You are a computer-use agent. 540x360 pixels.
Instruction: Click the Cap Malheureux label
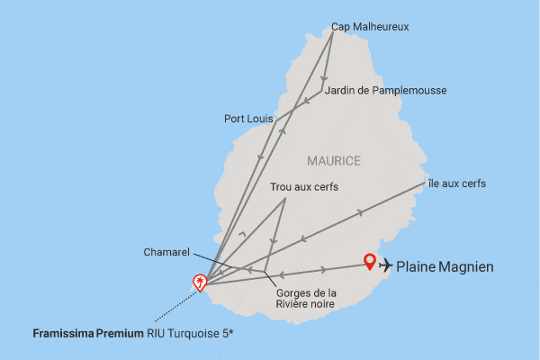coord(370,27)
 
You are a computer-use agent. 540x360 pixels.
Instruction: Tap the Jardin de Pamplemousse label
coord(385,90)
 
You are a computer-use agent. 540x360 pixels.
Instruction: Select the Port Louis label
coord(248,118)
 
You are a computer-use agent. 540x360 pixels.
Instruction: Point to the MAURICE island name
coord(333,161)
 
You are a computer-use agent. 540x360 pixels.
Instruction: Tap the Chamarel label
coord(166,252)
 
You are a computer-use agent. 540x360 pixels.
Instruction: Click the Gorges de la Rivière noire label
coord(306,298)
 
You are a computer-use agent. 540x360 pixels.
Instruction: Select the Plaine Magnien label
coord(445,265)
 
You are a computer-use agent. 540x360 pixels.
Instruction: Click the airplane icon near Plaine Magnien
coord(386,265)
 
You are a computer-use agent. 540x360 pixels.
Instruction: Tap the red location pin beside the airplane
coord(369,262)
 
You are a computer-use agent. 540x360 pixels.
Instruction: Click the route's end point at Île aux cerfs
coord(424,184)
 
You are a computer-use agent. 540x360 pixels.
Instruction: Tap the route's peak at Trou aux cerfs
coord(284,198)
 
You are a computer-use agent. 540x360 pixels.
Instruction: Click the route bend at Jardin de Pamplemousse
coord(322,91)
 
